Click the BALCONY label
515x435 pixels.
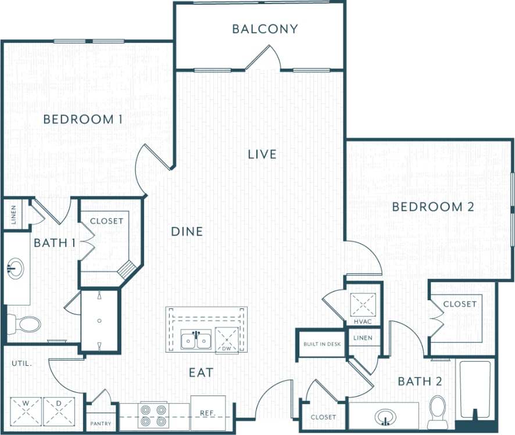pyautogui.click(x=265, y=29)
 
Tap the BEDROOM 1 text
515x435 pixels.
pyautogui.click(x=83, y=120)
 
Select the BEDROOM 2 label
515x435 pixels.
pyautogui.click(x=433, y=207)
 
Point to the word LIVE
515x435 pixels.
pyautogui.click(x=262, y=154)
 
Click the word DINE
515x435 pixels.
pyautogui.click(x=187, y=232)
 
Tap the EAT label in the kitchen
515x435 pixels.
pyautogui.click(x=200, y=372)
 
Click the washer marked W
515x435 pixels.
pyautogui.click(x=26, y=411)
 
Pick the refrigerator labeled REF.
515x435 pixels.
pyautogui.click(x=208, y=413)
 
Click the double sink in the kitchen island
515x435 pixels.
pyautogui.click(x=196, y=340)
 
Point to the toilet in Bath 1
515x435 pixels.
pyautogui.click(x=24, y=324)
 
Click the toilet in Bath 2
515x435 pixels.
pyautogui.click(x=438, y=411)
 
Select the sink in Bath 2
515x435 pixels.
pyautogui.click(x=384, y=416)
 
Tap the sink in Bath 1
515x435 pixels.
pyautogui.click(x=16, y=269)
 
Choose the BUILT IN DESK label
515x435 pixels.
pyautogui.click(x=321, y=344)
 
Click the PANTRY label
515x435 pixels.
pyautogui.click(x=101, y=423)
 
